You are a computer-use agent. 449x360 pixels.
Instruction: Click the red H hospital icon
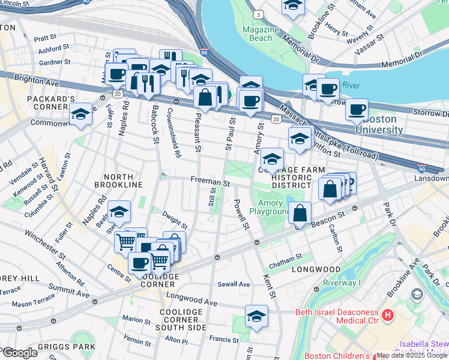(x=388, y=314)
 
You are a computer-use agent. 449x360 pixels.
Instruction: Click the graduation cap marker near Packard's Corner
(x=80, y=114)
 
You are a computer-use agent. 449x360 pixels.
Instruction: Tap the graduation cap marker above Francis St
(x=256, y=316)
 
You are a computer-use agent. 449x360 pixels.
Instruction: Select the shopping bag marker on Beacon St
(x=300, y=212)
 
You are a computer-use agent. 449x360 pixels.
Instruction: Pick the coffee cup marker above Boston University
(x=357, y=110)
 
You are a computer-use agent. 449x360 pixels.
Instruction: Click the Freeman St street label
(x=211, y=181)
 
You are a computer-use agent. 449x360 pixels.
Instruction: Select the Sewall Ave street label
(x=234, y=284)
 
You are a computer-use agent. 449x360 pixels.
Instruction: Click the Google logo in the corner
(x=19, y=353)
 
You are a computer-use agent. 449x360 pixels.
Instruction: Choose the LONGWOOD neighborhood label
(x=316, y=269)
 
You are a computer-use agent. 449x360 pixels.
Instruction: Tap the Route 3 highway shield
(x=257, y=13)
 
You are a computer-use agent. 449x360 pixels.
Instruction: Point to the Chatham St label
(x=285, y=258)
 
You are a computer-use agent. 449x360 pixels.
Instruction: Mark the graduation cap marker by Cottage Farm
(x=272, y=159)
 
